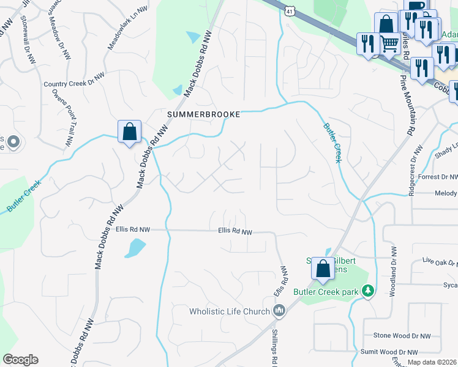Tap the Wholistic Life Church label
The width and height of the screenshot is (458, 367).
tap(230, 311)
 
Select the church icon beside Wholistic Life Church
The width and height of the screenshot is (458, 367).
tap(279, 311)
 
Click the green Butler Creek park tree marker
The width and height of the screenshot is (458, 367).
tap(367, 291)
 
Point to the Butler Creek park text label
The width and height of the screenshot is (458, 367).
tap(325, 292)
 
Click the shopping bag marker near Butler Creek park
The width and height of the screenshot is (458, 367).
tap(323, 269)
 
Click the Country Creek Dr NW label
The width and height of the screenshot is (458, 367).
tap(74, 84)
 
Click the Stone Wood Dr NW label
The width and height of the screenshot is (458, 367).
tap(402, 336)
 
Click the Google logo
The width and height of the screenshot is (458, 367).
tap(20, 360)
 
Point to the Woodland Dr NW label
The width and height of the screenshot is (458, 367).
tap(394, 272)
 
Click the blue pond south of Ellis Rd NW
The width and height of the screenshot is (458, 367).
tap(135, 248)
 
